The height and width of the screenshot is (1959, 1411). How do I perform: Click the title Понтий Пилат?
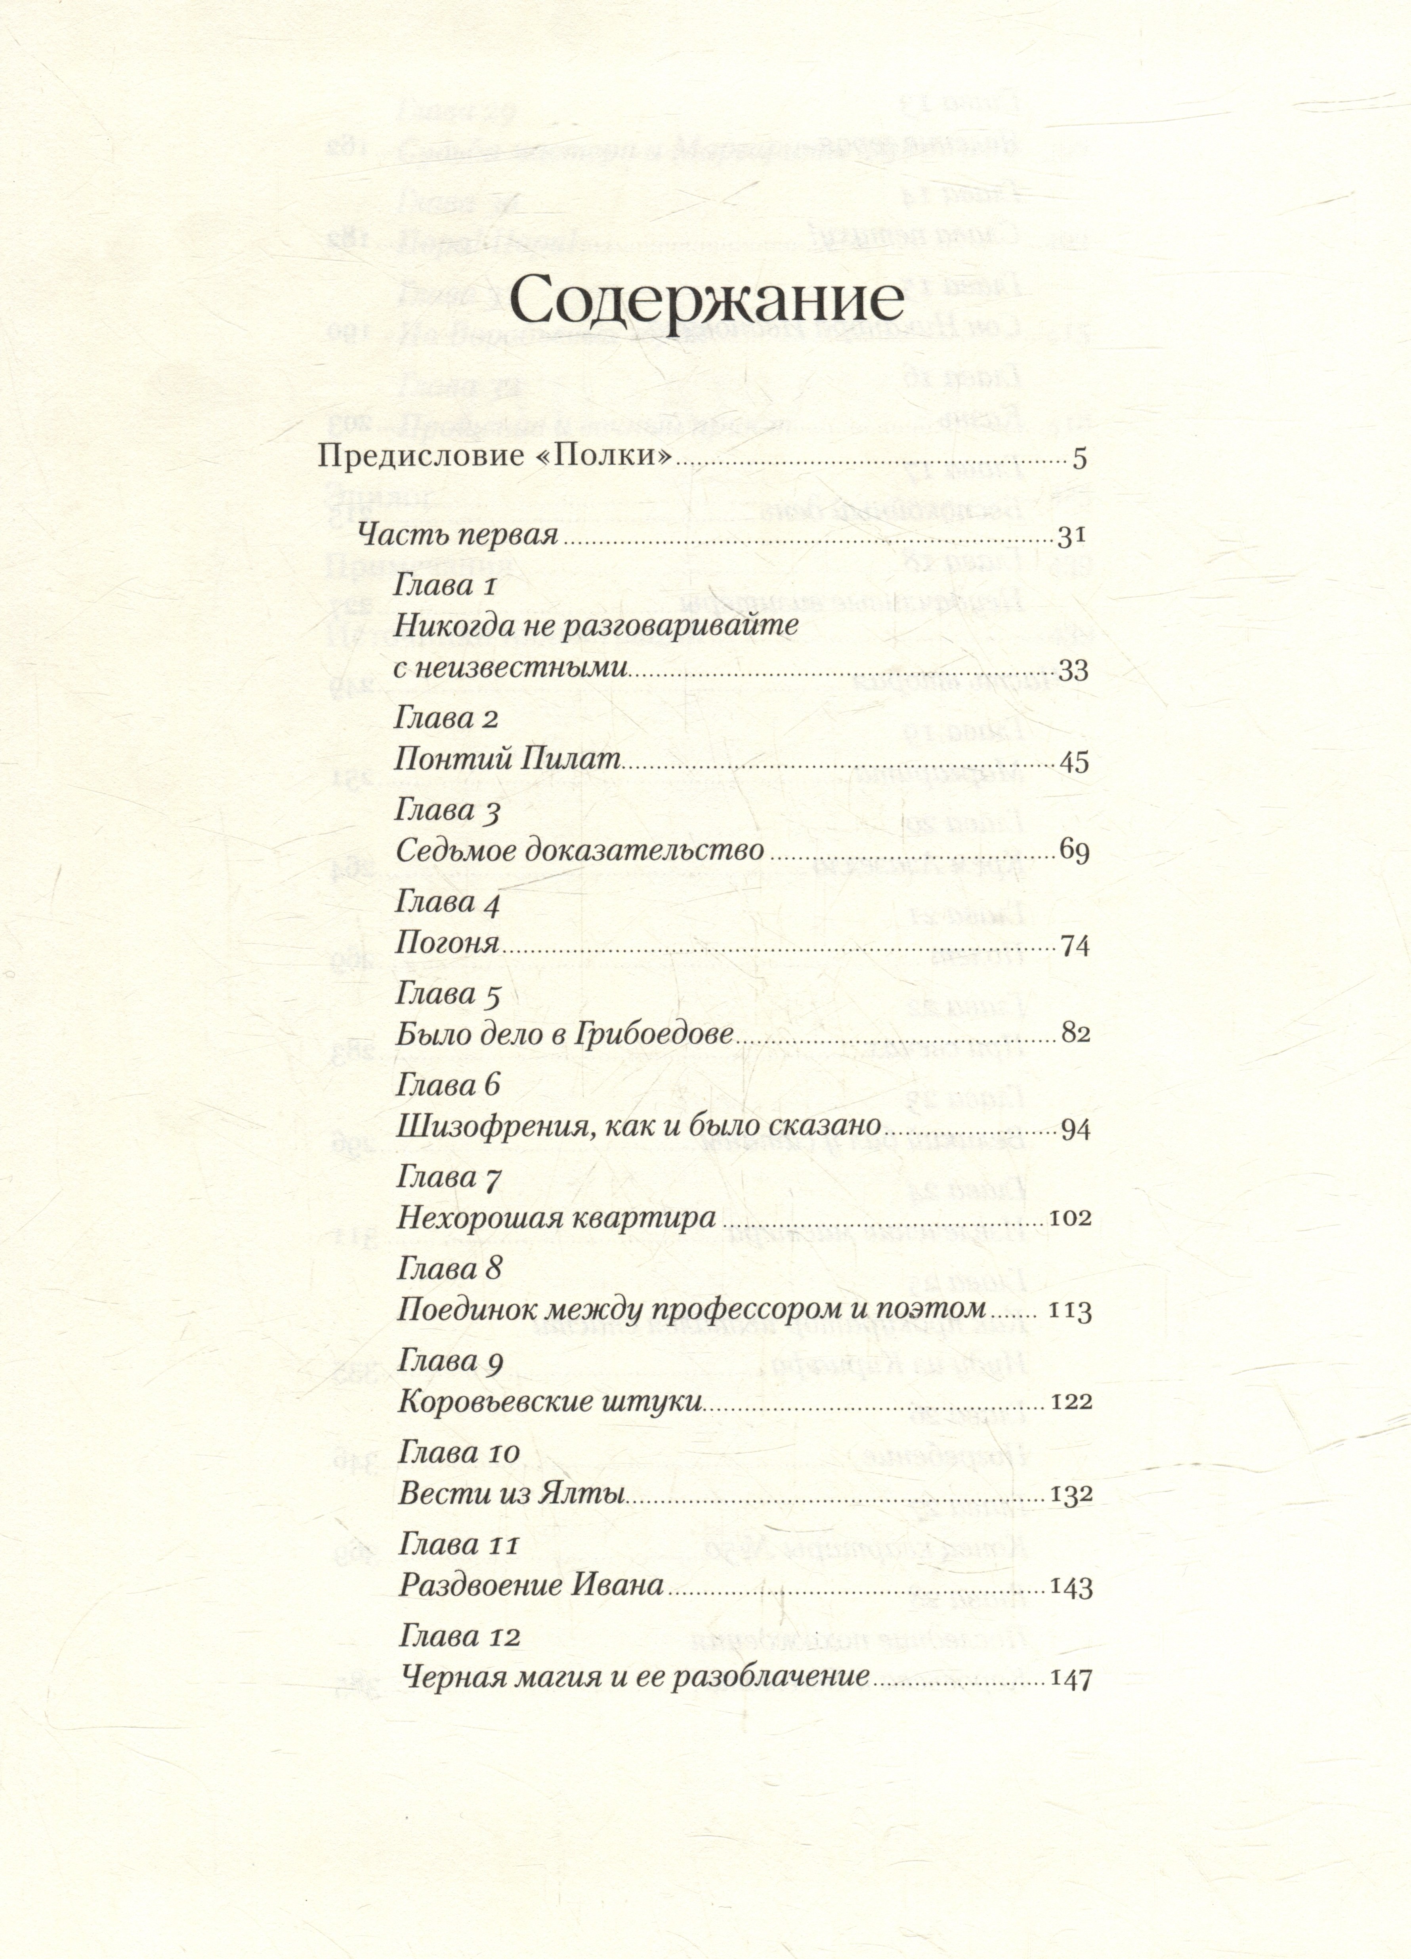tap(507, 760)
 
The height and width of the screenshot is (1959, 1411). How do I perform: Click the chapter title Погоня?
tap(448, 943)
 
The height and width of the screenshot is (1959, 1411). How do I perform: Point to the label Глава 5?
tap(448, 995)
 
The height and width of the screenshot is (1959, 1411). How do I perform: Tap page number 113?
tap(1070, 1311)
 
